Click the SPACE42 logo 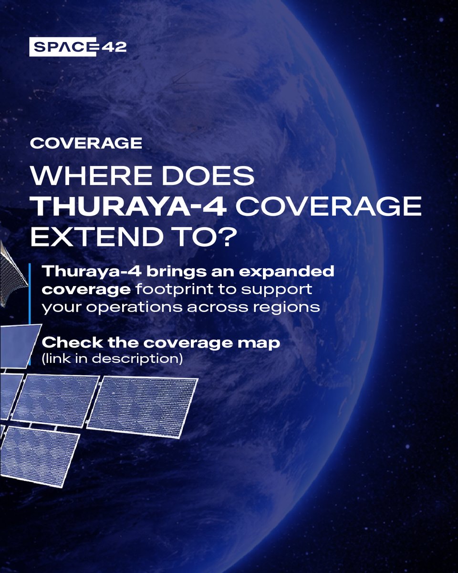click(77, 46)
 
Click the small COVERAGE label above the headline click(86, 143)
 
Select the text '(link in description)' click(113, 359)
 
